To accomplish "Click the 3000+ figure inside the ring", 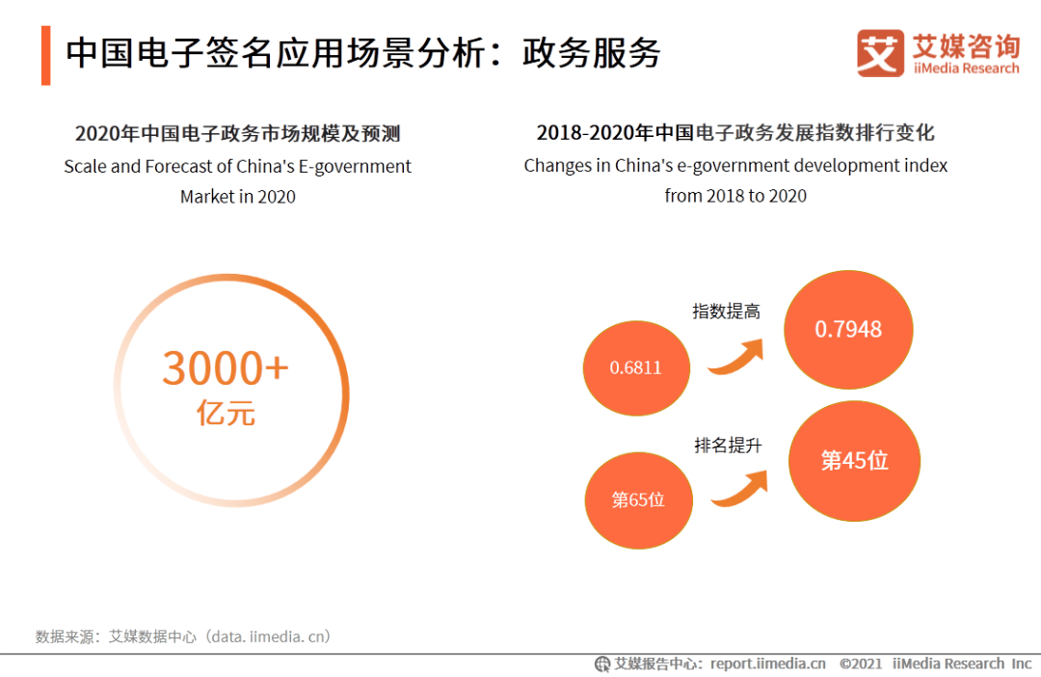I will [x=226, y=367].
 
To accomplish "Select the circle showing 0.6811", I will [x=636, y=367].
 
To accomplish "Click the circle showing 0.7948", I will [x=848, y=330].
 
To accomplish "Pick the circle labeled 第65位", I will [x=638, y=501].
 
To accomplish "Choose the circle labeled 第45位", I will [x=854, y=461].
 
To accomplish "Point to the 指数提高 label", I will [x=726, y=311].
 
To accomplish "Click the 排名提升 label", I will [x=728, y=446].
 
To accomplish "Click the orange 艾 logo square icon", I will [x=880, y=53].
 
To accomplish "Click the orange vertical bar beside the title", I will [x=45, y=55].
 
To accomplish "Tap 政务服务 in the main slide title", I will [x=591, y=53].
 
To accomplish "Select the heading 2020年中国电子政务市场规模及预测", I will [x=237, y=133].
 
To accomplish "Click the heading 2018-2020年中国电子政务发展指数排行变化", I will [x=735, y=133].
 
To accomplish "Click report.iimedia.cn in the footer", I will [x=768, y=663].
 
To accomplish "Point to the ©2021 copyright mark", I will [x=861, y=663].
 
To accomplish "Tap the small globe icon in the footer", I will [x=602, y=663].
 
